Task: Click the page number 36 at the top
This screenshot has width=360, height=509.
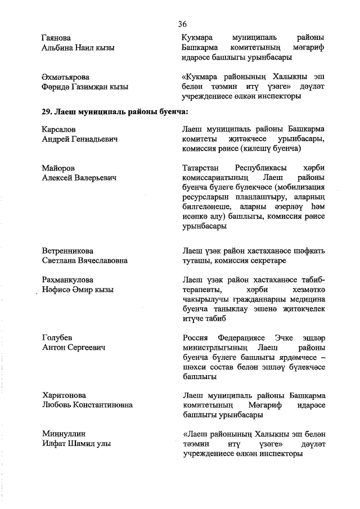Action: click(x=182, y=24)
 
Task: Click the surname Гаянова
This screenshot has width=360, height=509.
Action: click(x=56, y=38)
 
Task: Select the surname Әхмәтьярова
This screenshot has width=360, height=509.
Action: click(x=65, y=76)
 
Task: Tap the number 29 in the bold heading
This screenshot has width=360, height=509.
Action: click(x=47, y=112)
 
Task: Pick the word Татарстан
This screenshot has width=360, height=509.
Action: click(x=202, y=168)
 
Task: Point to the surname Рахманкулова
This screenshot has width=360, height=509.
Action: click(x=67, y=280)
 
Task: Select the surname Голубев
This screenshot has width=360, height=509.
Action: click(x=57, y=337)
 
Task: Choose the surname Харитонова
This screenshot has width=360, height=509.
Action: click(x=64, y=395)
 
